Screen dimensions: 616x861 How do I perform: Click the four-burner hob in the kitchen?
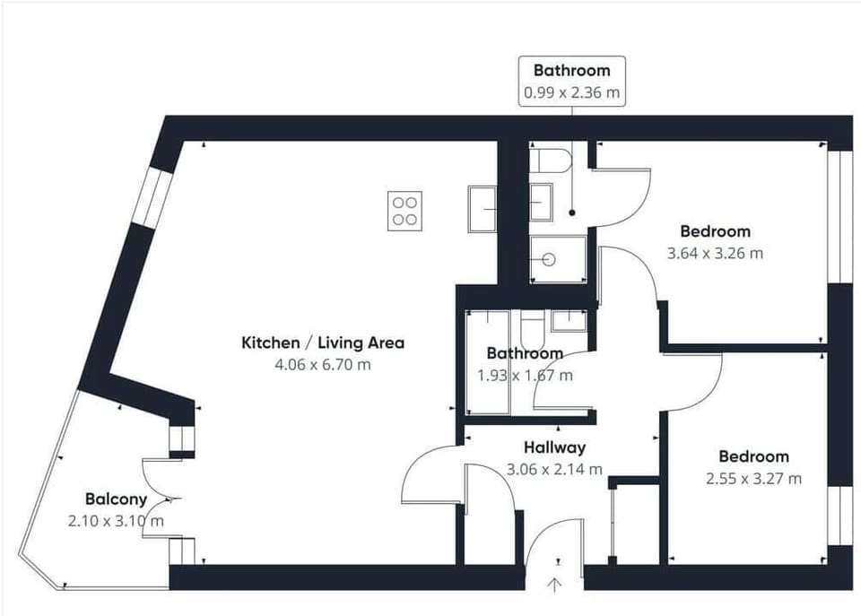pos(405,211)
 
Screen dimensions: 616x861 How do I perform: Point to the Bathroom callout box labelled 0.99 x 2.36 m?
pos(572,81)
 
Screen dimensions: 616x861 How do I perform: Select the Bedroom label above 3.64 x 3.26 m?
pos(715,231)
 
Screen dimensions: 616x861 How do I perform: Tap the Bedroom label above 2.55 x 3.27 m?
pos(753,456)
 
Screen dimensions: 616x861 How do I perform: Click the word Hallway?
pos(554,447)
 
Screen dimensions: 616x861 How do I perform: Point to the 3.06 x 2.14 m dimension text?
pos(554,469)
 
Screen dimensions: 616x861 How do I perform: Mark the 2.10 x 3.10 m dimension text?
pos(116,520)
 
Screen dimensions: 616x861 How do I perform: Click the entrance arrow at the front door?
pos(555,585)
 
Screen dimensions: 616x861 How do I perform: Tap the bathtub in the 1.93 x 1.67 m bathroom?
pos(487,362)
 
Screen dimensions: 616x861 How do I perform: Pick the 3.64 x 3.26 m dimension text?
pos(715,253)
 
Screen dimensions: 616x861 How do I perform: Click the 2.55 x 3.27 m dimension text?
pos(753,478)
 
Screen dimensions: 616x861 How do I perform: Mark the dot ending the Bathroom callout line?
pos(572,213)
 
